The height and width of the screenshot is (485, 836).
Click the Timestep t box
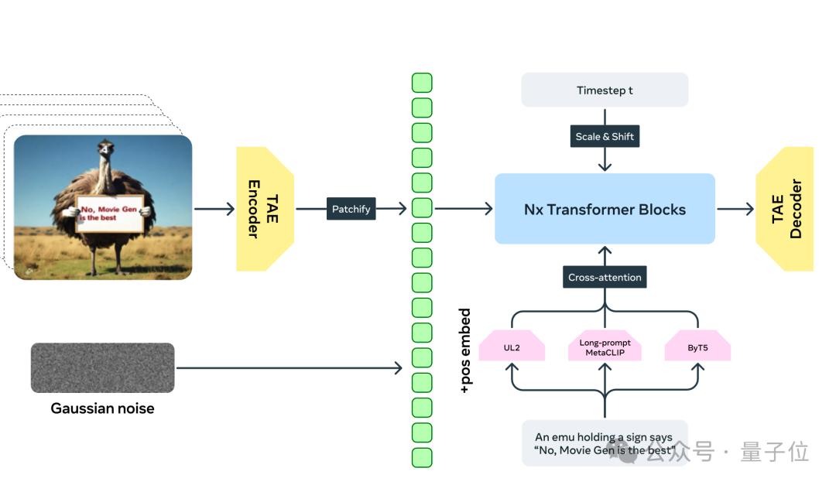click(605, 90)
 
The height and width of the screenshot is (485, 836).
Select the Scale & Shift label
click(605, 137)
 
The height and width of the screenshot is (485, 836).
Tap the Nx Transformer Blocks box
click(605, 209)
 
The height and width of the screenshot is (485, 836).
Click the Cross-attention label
click(605, 278)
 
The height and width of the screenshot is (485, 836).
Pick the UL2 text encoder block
click(512, 347)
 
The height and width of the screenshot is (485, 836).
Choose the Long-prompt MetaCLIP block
click(605, 347)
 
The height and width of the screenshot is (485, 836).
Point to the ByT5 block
click(697, 347)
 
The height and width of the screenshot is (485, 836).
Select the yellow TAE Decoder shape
click(785, 209)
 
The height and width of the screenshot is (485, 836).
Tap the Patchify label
click(351, 209)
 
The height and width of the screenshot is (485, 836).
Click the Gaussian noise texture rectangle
click(102, 367)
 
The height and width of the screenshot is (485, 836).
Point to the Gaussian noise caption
click(102, 408)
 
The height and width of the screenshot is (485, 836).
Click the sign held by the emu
click(110, 213)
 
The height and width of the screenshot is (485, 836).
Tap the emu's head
click(106, 149)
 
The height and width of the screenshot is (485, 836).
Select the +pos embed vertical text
click(464, 351)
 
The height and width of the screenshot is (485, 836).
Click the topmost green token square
click(422, 83)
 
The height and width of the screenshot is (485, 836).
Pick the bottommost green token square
click(422, 457)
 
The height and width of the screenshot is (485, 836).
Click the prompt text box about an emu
click(605, 443)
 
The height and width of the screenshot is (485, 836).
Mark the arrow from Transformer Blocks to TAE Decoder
click(735, 209)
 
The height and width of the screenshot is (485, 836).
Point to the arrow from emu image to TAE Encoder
click(214, 209)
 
